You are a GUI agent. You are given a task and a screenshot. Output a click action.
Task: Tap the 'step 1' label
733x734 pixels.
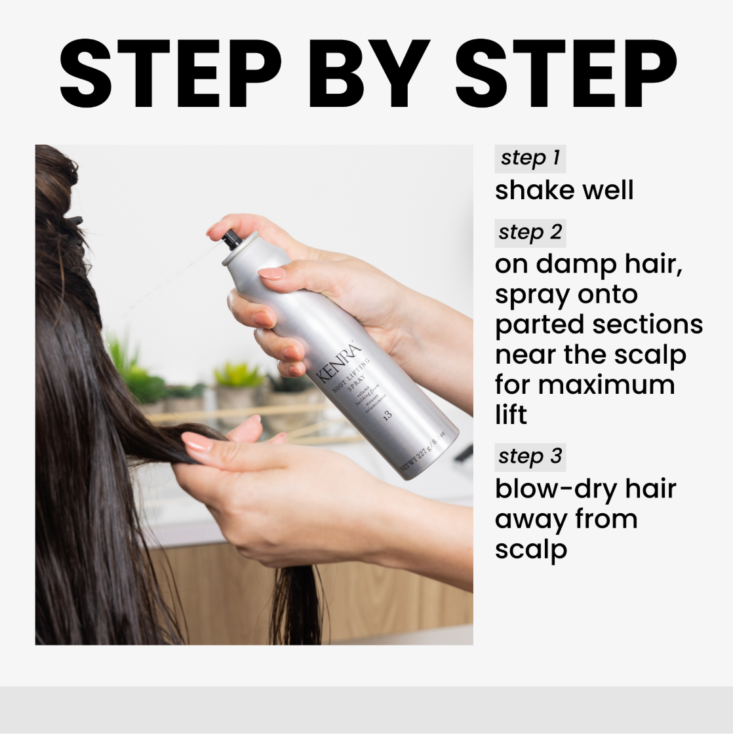point(530,159)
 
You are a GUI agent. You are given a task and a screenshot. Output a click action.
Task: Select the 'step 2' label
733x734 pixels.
point(530,233)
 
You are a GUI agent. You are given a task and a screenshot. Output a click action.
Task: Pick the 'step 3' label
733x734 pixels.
point(530,456)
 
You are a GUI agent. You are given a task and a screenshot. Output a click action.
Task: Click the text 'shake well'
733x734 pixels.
point(564,191)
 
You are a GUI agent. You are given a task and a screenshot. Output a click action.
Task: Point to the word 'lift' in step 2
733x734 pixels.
point(511,415)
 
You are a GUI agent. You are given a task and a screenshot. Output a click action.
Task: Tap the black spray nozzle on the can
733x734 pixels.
point(231,240)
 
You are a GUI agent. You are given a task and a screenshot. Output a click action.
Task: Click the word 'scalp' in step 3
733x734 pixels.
point(530,549)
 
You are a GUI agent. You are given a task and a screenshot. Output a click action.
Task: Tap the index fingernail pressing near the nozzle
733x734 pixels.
point(271,273)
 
